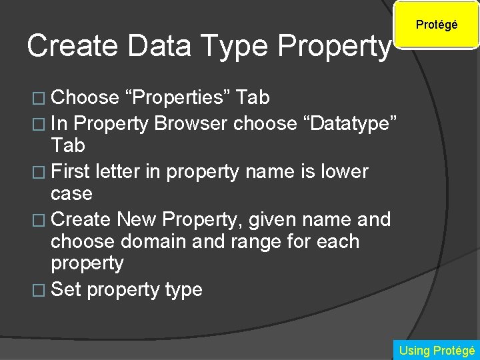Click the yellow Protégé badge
click(x=437, y=25)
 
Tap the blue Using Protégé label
click(x=437, y=350)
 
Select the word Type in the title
click(x=241, y=46)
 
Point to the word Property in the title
click(x=333, y=46)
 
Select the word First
click(x=73, y=171)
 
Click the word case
click(x=71, y=194)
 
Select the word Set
click(x=66, y=289)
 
